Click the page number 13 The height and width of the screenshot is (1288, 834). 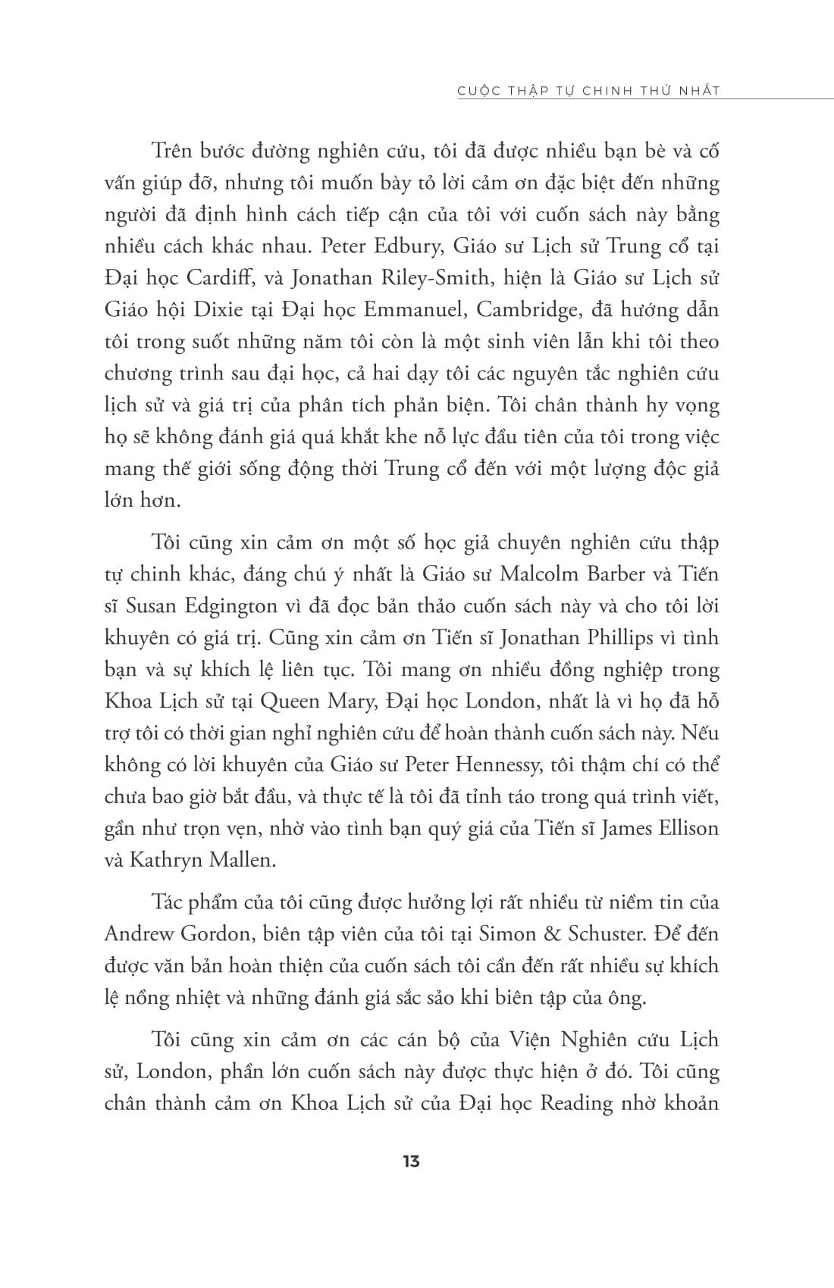(412, 1161)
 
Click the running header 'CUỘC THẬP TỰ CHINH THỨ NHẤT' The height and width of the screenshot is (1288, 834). (588, 91)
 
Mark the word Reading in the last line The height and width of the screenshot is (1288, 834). (576, 1102)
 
